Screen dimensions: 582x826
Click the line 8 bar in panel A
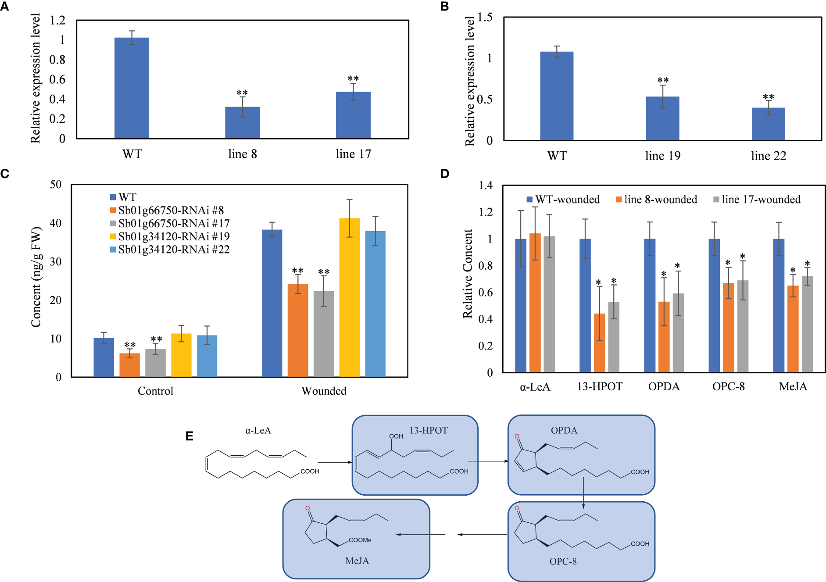(x=242, y=123)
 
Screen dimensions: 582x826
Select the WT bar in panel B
(x=556, y=96)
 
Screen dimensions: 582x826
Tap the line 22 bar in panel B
(x=768, y=124)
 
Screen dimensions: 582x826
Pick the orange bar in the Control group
(x=129, y=365)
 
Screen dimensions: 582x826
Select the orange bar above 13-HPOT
(x=599, y=343)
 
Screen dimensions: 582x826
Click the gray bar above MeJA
(x=807, y=324)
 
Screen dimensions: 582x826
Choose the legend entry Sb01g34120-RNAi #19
(x=174, y=236)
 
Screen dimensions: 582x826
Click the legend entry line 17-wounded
(x=761, y=200)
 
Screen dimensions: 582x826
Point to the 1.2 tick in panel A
(x=57, y=20)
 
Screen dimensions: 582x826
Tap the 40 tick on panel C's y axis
(x=56, y=223)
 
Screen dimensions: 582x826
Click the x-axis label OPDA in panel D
(x=664, y=386)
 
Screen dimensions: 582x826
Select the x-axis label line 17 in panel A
(x=353, y=154)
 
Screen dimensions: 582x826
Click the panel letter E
(x=190, y=436)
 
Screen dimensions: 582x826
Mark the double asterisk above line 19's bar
(x=663, y=80)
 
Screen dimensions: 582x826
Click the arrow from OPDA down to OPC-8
(x=583, y=493)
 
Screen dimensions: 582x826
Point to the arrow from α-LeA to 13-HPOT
(x=335, y=462)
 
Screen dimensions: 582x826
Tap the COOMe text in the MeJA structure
(x=360, y=540)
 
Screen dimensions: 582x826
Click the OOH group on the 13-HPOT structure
(x=396, y=436)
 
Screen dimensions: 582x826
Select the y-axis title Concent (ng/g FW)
(x=36, y=277)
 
